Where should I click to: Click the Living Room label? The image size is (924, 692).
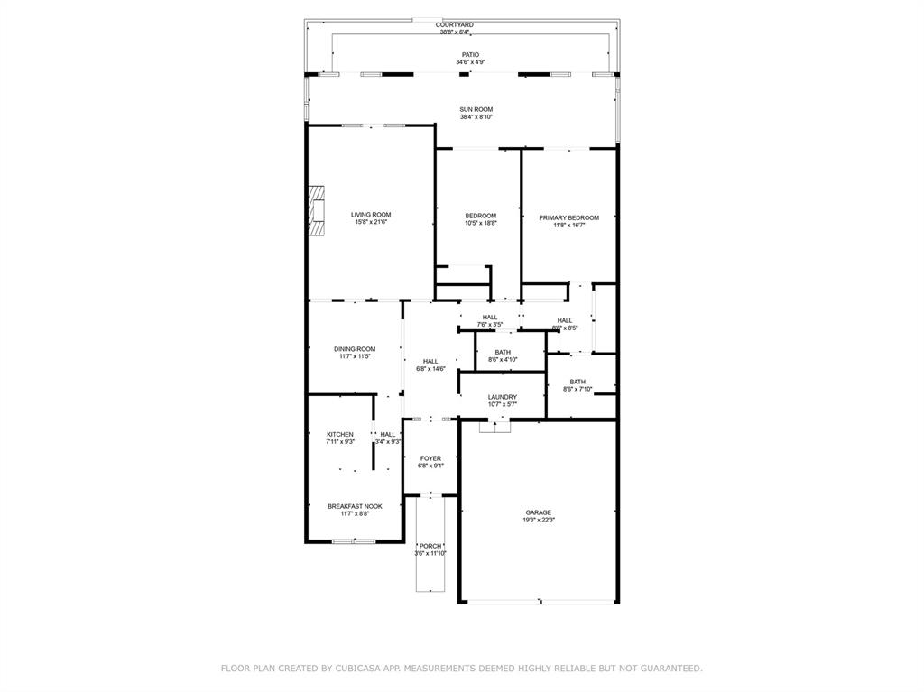tap(371, 215)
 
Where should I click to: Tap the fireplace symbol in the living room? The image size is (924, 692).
tap(316, 211)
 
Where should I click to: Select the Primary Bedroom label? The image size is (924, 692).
tap(568, 217)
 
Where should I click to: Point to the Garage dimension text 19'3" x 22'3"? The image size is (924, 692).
tap(539, 520)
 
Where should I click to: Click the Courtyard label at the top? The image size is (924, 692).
tap(455, 24)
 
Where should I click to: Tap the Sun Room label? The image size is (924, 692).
tap(476, 109)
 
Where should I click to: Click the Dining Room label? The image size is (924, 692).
tap(355, 349)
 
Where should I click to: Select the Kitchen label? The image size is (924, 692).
tap(340, 434)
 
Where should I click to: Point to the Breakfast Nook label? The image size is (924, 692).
tap(355, 506)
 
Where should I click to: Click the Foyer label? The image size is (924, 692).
tap(430, 458)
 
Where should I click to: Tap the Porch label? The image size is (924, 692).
tap(430, 546)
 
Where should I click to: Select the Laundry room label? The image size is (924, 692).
tap(503, 397)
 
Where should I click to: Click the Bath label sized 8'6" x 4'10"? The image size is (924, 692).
tap(503, 352)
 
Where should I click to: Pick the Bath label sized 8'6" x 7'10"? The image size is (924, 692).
tap(577, 382)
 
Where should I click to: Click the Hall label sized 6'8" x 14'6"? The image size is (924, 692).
tap(430, 361)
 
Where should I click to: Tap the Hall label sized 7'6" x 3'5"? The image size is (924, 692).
tap(490, 317)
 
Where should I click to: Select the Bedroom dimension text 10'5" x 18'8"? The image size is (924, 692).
tap(480, 223)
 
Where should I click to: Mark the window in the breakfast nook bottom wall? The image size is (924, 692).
tap(353, 541)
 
